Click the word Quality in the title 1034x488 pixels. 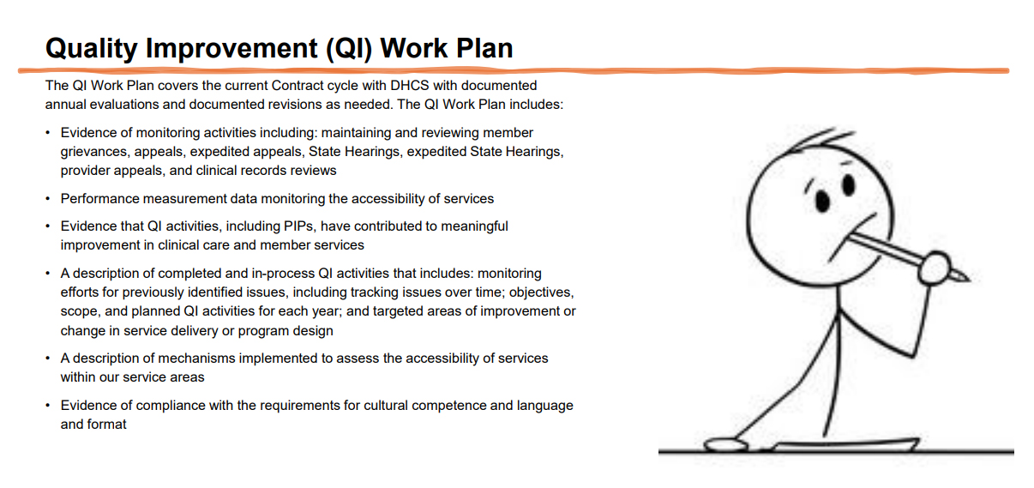point(92,49)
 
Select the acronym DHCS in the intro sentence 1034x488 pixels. point(410,86)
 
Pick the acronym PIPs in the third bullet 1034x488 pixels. point(300,226)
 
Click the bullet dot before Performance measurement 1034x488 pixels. point(47,199)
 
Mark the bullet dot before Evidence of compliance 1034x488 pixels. point(47,406)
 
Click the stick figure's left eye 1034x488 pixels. point(822,202)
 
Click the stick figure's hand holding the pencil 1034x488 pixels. point(935,268)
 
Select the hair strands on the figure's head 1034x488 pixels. point(821,141)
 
